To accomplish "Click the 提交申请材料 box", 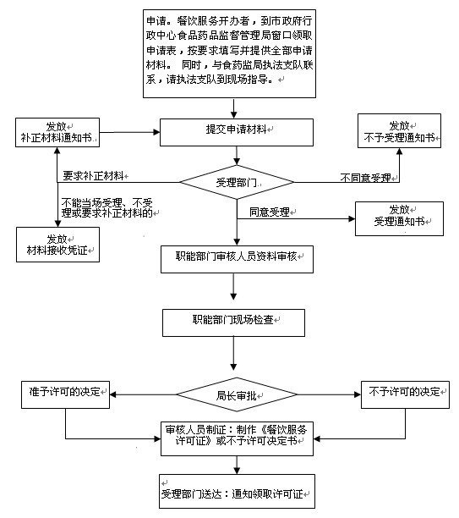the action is (237, 132).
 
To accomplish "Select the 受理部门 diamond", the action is (237, 182).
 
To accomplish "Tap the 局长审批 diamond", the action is (237, 394).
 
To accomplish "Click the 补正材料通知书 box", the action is (57, 132).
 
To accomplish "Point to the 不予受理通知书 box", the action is (399, 131).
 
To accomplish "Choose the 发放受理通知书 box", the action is (399, 218).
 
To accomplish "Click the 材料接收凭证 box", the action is (57, 245).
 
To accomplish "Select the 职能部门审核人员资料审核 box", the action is (237, 259).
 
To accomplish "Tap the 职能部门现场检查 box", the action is (233, 322).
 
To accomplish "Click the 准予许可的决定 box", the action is (65, 394).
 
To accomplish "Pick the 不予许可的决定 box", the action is (405, 394).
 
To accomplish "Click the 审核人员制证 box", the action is (237, 438).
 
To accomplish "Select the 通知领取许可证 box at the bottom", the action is (237, 491).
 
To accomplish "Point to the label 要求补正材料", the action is (93, 176).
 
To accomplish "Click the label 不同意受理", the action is (366, 178).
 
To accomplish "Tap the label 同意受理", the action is (270, 212).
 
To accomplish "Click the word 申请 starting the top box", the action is (156, 21).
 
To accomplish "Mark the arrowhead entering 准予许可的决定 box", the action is (113, 394).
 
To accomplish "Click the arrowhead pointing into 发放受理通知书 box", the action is (352, 218).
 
